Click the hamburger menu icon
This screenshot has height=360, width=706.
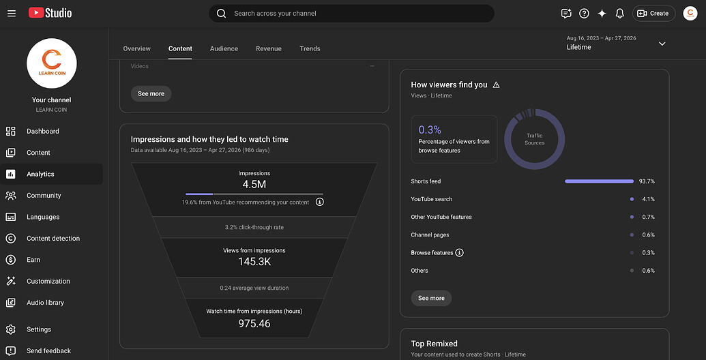click(x=12, y=14)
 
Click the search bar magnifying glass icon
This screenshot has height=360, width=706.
click(x=221, y=14)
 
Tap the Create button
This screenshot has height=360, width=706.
click(x=653, y=14)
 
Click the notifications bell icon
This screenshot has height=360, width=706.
click(x=620, y=14)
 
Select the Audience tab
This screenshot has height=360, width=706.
click(x=224, y=48)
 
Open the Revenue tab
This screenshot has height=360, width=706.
click(x=269, y=48)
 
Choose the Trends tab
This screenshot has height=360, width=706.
click(x=310, y=48)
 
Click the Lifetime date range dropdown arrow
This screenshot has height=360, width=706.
click(x=662, y=44)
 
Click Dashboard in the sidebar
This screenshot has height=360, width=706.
click(x=43, y=132)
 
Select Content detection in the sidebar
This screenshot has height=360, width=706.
click(x=53, y=239)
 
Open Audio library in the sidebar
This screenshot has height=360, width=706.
click(x=45, y=303)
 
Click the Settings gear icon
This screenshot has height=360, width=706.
click(x=11, y=329)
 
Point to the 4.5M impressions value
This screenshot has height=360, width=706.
click(x=254, y=185)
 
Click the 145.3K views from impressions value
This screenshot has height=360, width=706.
click(x=254, y=262)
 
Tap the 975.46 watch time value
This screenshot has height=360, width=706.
click(x=254, y=324)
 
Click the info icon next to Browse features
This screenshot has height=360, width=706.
click(x=459, y=253)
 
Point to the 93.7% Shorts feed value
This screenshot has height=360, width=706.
click(x=647, y=181)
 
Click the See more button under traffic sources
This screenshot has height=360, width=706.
click(x=431, y=299)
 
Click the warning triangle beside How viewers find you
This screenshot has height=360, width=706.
click(x=496, y=85)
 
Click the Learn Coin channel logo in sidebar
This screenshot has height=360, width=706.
click(x=52, y=63)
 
